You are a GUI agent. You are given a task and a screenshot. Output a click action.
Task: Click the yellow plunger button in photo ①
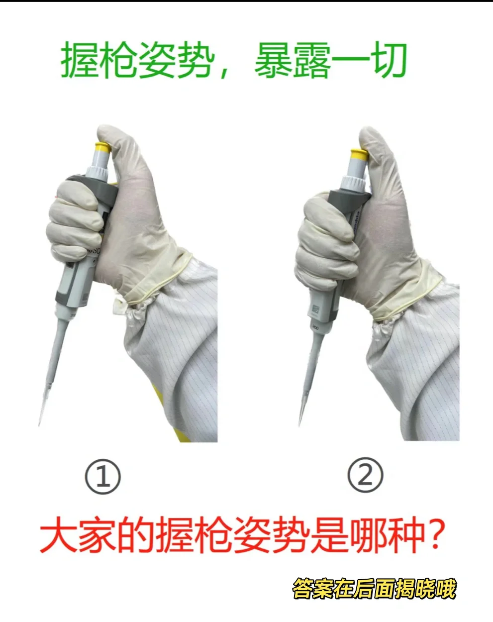pos(102,147)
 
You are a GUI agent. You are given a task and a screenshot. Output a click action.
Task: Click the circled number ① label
pos(103,477)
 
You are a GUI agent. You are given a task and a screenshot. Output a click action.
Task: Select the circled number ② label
pos(365,475)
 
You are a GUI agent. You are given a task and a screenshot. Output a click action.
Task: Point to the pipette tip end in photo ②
pos(300,424)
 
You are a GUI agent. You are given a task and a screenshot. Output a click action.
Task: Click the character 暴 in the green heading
pos(273,61)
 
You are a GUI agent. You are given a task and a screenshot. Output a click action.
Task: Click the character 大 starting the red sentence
pos(59,536)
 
